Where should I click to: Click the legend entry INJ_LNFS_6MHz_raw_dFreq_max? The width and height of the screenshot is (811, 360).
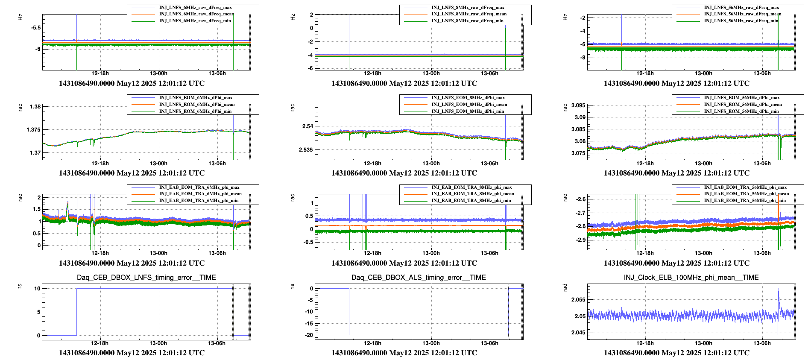(x=195, y=8)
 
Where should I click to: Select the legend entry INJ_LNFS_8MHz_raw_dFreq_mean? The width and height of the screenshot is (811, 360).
(x=468, y=14)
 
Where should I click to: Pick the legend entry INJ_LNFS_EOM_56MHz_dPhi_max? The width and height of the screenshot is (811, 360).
(x=741, y=98)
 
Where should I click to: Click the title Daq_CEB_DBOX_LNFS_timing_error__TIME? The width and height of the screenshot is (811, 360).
(x=146, y=278)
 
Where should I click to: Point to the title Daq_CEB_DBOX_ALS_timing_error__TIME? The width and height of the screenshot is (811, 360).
(x=419, y=278)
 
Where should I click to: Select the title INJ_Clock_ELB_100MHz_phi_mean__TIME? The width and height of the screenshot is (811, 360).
(x=691, y=278)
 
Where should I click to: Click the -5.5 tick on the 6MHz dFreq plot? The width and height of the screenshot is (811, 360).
(x=36, y=28)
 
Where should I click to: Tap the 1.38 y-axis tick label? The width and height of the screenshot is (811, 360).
(x=35, y=107)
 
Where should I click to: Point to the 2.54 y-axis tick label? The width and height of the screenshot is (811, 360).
(x=307, y=126)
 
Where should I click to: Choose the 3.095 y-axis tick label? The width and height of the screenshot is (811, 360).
(x=578, y=105)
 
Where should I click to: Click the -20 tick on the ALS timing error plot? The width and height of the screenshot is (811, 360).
(x=308, y=335)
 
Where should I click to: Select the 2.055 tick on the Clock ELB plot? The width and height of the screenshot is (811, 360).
(x=578, y=300)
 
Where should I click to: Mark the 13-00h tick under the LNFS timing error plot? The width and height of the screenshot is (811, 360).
(x=158, y=343)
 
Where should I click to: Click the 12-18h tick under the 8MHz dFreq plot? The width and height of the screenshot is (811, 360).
(x=372, y=73)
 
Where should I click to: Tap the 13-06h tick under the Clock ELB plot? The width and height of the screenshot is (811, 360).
(x=762, y=343)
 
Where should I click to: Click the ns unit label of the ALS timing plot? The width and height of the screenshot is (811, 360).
(x=293, y=286)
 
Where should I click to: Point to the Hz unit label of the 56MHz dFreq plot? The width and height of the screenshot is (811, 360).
(x=565, y=17)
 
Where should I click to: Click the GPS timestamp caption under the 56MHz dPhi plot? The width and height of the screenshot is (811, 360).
(x=676, y=173)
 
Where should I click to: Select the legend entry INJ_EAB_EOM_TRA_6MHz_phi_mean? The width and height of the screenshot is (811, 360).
(x=200, y=194)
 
